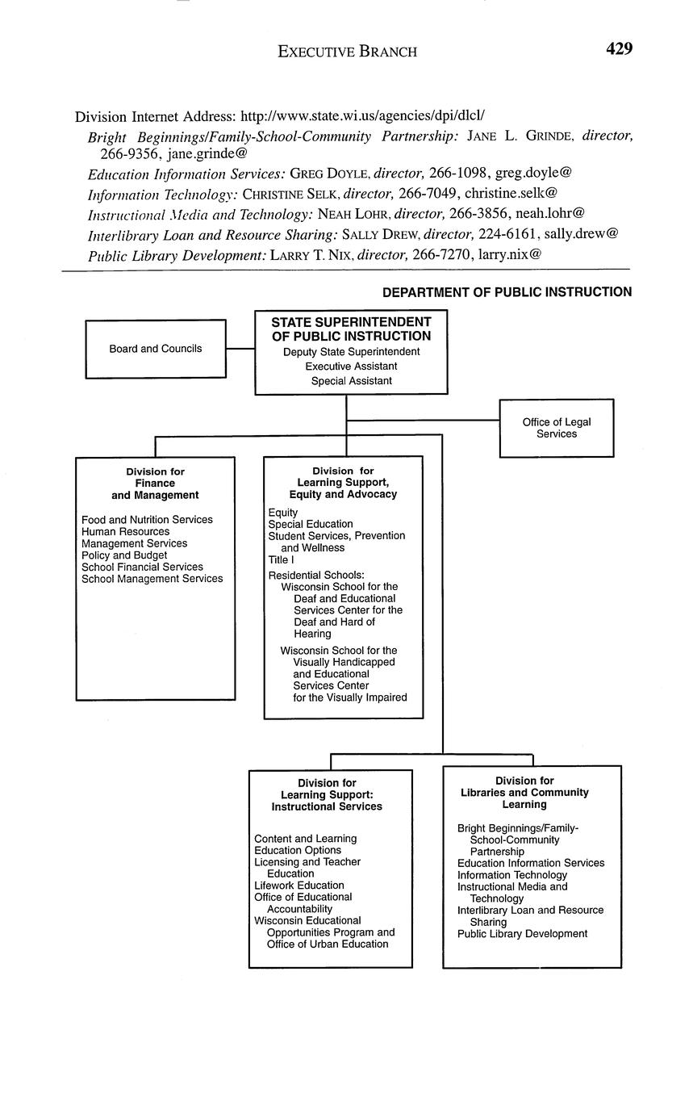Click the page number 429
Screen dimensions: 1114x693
[619, 49]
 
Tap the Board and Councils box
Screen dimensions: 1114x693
[156, 349]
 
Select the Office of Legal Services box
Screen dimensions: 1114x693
[557, 428]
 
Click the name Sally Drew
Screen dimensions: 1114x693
[381, 234]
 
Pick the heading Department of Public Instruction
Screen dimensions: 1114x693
[507, 292]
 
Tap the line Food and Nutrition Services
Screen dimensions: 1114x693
[147, 520]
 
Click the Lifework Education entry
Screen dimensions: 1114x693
[298, 886]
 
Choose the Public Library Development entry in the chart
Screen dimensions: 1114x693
[522, 934]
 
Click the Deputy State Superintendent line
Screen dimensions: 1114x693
[351, 352]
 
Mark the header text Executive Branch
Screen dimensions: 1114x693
[348, 52]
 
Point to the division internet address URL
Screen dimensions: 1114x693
[362, 116]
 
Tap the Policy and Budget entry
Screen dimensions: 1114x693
[124, 555]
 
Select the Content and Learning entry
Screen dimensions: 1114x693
[305, 839]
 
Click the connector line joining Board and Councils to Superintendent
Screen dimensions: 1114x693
[240, 349]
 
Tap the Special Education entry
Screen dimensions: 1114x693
[311, 524]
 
